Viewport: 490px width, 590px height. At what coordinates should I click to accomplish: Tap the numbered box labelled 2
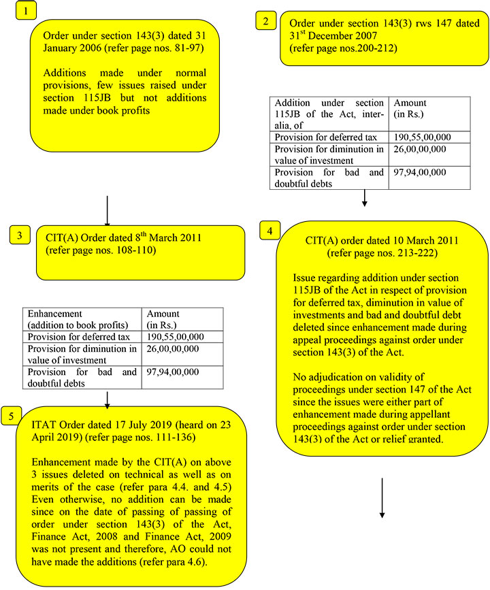(x=265, y=21)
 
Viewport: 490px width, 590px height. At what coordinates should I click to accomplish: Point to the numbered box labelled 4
(x=271, y=231)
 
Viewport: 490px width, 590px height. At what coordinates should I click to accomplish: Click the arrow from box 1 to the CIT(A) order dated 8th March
(x=108, y=210)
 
